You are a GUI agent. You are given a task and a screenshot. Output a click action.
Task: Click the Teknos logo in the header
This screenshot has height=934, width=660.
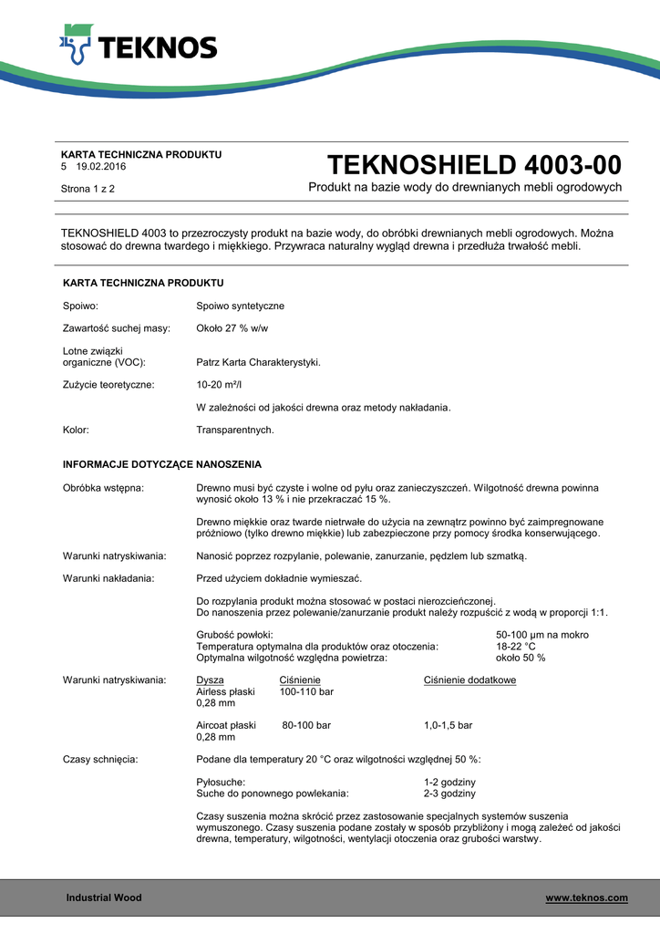[138, 47]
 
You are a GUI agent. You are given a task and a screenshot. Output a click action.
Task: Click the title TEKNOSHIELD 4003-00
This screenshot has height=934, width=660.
[474, 165]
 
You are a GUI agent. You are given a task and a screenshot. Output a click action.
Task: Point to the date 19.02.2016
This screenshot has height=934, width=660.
[101, 167]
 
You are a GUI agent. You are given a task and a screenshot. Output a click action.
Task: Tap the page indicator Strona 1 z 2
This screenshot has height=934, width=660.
[88, 189]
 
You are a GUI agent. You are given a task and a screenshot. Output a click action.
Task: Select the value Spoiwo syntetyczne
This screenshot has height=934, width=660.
[240, 306]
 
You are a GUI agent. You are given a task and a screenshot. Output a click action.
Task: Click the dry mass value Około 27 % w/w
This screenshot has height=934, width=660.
[232, 327]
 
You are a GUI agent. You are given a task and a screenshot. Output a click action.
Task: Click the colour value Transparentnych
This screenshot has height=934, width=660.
[235, 429]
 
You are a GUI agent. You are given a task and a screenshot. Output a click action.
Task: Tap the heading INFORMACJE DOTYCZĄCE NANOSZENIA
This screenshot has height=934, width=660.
[162, 463]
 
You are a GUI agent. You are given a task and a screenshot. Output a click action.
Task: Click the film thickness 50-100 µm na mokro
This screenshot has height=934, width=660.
[541, 635]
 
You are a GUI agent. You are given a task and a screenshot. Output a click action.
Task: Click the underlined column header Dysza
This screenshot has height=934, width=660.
[210, 680]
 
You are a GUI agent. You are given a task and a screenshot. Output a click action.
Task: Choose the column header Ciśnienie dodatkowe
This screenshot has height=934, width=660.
[469, 680]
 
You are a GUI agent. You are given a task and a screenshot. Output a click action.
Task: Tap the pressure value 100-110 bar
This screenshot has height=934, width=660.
[306, 692]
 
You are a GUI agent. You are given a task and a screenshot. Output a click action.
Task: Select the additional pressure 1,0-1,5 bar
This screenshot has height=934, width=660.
[448, 725]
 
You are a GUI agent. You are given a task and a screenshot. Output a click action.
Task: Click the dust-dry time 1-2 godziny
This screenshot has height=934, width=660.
[449, 783]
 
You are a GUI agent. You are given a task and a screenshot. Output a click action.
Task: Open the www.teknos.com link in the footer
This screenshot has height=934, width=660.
[586, 898]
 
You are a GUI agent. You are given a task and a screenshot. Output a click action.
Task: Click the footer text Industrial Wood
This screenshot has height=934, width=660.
[104, 898]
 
